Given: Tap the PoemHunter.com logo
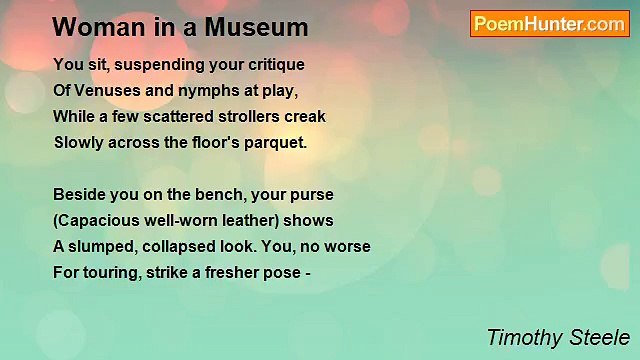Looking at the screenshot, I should click(x=549, y=24).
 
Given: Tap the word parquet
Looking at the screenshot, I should click(x=276, y=142).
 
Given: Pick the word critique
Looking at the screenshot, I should click(x=272, y=64).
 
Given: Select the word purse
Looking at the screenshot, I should click(x=313, y=193).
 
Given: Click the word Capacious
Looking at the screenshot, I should click(x=98, y=219).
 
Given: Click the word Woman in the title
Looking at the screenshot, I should click(x=88, y=27).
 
